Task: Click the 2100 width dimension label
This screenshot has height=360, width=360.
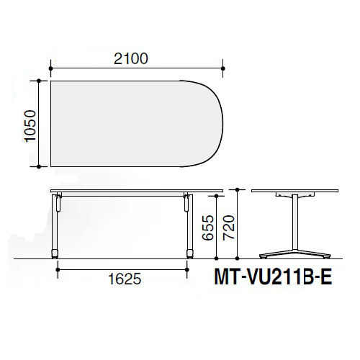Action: [x=131, y=59]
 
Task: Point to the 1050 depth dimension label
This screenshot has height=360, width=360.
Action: [x=30, y=126]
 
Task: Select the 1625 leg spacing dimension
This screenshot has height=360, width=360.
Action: [x=125, y=279]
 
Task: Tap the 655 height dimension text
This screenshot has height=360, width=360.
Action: [x=208, y=228]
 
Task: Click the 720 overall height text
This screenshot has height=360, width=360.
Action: [x=229, y=228]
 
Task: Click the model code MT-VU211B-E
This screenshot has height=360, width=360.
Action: [x=273, y=277]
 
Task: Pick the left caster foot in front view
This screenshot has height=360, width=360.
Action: [x=55, y=254]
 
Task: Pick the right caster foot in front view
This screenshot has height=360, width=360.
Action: [x=190, y=254]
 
